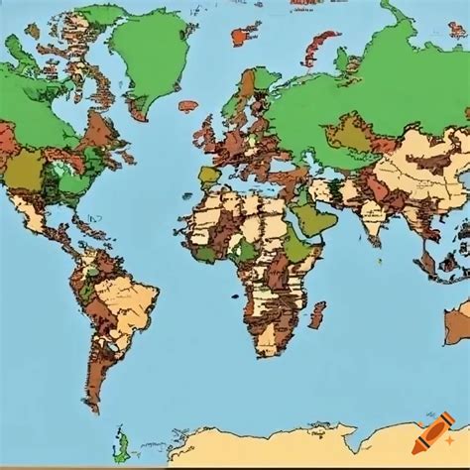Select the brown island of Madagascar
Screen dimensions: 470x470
point(316,314)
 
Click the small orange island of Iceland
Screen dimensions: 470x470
point(187,105)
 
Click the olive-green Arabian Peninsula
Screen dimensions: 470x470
point(315,219)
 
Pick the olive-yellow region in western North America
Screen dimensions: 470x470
point(22,171)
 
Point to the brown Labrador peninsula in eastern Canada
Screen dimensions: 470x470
point(99,129)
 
